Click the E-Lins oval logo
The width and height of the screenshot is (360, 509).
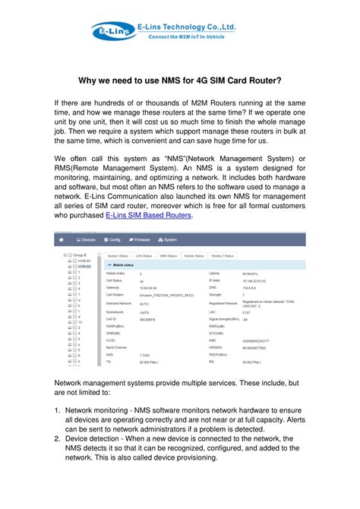(109, 31)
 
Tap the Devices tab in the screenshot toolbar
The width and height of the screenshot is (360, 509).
(83, 239)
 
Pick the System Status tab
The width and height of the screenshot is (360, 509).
(118, 257)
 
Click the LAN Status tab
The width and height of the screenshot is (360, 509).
(150, 257)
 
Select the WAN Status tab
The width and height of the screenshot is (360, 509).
(180, 257)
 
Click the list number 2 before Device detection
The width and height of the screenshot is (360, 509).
(58, 438)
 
